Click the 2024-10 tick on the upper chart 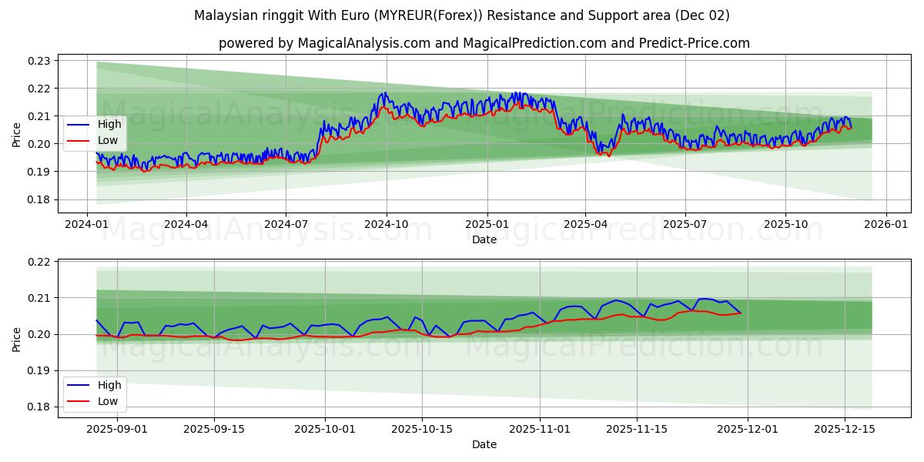pyautogui.click(x=386, y=224)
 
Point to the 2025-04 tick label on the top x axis pyautogui.click(x=585, y=224)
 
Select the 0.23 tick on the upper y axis pyautogui.click(x=38, y=61)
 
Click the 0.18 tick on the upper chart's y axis pyautogui.click(x=38, y=199)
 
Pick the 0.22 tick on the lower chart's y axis pyautogui.click(x=38, y=262)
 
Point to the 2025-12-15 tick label pyautogui.click(x=845, y=429)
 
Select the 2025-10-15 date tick pyautogui.click(x=422, y=429)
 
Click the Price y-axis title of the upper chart pyautogui.click(x=17, y=134)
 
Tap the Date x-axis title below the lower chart pyautogui.click(x=484, y=444)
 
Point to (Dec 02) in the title pyautogui.click(x=702, y=15)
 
